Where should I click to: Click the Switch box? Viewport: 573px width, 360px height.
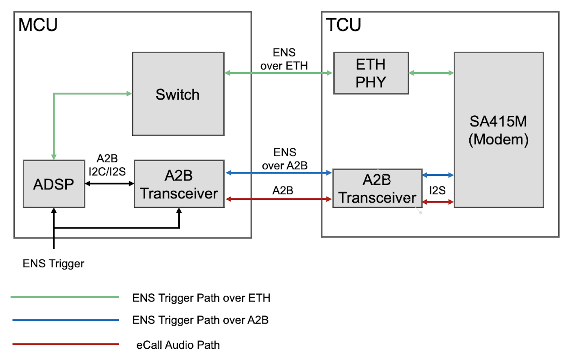(x=178, y=94)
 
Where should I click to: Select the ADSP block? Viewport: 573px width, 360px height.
(x=54, y=184)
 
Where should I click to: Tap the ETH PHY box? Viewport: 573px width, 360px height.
(x=371, y=73)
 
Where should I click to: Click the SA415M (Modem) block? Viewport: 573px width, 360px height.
(x=498, y=130)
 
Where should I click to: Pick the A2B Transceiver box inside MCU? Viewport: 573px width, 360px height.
(x=179, y=184)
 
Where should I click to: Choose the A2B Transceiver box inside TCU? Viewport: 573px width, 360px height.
(x=377, y=188)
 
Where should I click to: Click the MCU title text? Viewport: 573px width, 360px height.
(x=38, y=25)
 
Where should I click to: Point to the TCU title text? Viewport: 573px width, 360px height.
(x=343, y=25)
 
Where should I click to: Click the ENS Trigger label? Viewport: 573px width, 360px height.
(x=53, y=263)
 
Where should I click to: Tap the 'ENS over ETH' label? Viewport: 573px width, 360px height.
(x=284, y=59)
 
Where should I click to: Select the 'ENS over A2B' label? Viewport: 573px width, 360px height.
(x=285, y=159)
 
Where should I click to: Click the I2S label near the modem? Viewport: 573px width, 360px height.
(x=437, y=191)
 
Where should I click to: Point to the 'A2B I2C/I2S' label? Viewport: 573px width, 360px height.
(x=107, y=165)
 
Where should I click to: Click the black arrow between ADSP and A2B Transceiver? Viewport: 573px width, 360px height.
(x=109, y=184)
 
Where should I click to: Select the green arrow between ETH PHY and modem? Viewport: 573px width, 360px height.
(x=431, y=73)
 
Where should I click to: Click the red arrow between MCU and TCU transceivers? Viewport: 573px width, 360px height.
(x=278, y=199)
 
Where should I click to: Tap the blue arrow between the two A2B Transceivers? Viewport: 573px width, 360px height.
(x=278, y=173)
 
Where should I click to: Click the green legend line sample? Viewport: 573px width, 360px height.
(x=65, y=297)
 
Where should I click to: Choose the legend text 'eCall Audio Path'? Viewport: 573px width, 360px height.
(x=178, y=345)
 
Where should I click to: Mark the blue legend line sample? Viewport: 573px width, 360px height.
(x=65, y=320)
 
